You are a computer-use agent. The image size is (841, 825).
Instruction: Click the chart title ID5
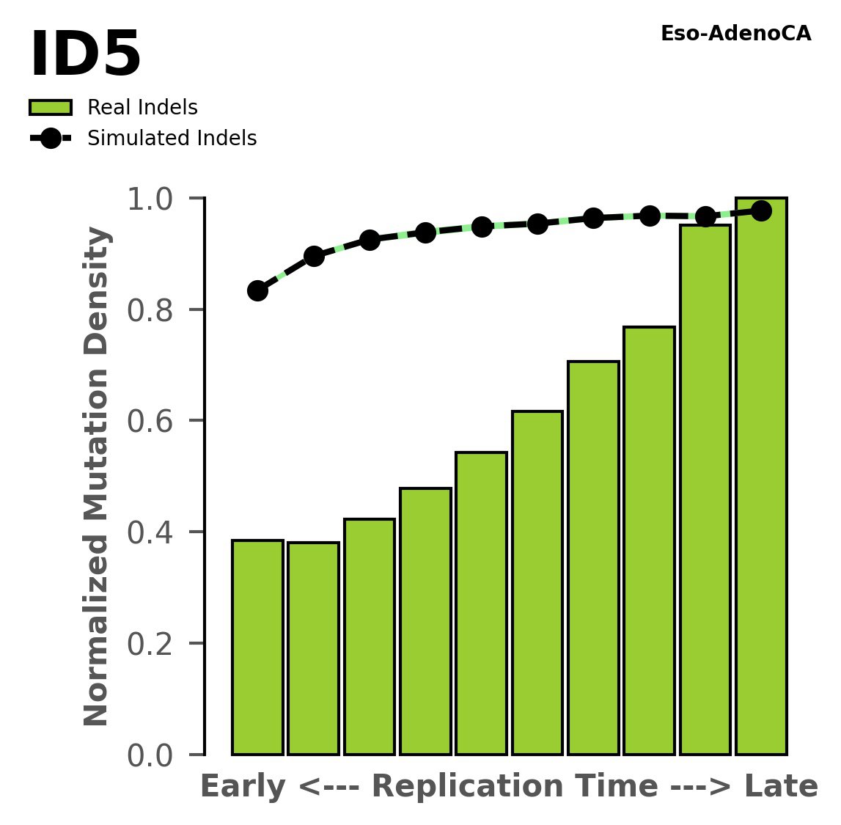coord(85,56)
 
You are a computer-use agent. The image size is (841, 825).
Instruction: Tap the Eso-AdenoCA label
coord(735,34)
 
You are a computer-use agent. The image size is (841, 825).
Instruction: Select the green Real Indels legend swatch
coord(51,108)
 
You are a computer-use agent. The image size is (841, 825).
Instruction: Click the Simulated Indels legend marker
coord(51,139)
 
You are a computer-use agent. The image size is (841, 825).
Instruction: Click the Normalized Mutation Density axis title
coord(97,477)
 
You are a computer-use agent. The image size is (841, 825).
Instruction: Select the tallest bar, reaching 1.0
coord(761,477)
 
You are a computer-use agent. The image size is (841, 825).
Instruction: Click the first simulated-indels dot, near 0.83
coord(257,290)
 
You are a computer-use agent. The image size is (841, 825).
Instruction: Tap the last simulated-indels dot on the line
coord(761,211)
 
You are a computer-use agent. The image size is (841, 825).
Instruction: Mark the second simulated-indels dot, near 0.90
coord(314,256)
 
